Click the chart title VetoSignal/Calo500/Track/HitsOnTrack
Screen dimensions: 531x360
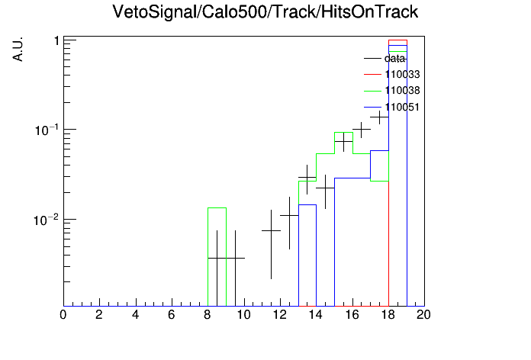click(265, 12)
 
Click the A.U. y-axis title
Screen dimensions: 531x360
click(18, 49)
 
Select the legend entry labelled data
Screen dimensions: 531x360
click(385, 59)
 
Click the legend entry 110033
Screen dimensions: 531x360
click(392, 74)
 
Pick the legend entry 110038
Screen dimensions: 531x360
click(392, 91)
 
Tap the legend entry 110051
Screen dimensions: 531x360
click(392, 107)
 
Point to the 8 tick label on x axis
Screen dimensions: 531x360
click(208, 315)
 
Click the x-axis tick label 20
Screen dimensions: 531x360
click(423, 315)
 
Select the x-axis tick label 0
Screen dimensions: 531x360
click(63, 315)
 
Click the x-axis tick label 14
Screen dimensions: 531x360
click(315, 315)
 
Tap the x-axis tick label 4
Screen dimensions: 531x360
click(136, 315)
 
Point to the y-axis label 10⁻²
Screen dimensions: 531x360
click(46, 220)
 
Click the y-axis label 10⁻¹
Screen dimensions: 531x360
click(46, 130)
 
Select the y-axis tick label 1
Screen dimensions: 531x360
click(56, 41)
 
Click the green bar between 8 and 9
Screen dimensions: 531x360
click(217, 207)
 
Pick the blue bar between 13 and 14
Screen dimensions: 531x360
click(307, 205)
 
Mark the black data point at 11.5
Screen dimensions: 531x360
click(272, 230)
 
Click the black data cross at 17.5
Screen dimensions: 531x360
click(380, 117)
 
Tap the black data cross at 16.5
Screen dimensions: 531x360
click(362, 130)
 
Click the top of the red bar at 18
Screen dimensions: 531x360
click(398, 40)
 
